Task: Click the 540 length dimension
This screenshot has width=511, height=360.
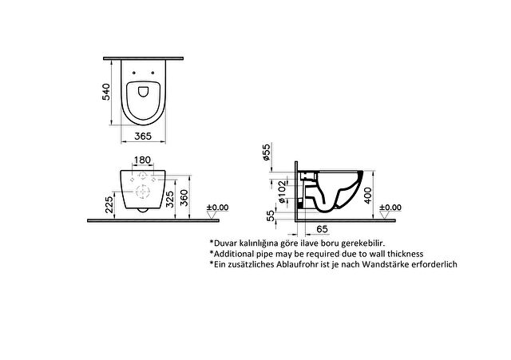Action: pos(106,92)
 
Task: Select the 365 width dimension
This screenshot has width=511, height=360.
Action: pos(143,136)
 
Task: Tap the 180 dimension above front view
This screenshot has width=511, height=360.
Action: pos(143,160)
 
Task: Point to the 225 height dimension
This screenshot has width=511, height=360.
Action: pos(109,202)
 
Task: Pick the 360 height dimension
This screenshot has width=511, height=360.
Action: pos(184,198)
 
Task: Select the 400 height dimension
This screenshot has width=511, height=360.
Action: pos(368,195)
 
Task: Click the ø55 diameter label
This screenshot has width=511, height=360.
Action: pos(266,152)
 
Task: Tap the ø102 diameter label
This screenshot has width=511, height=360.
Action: pos(282,192)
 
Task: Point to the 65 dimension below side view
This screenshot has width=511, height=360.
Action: pos(322,229)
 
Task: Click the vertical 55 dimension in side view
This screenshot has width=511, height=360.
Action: pos(271,216)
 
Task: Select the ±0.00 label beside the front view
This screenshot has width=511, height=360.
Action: pos(218,208)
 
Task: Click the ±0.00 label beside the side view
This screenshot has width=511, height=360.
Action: pos(390,208)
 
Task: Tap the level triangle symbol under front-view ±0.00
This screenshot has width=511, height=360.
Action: pos(212,215)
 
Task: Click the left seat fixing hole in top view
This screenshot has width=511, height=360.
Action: pos(134,73)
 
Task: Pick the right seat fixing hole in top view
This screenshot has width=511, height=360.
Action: pos(153,73)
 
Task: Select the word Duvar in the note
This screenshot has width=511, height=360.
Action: pos(225,243)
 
